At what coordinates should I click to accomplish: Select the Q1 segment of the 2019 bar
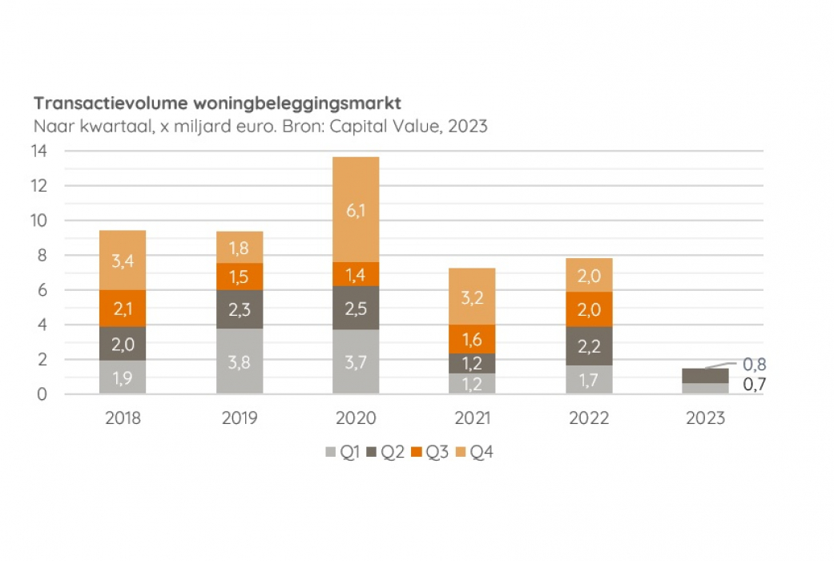(x=240, y=361)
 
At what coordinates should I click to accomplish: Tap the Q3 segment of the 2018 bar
(x=123, y=308)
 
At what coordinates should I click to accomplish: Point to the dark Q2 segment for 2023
(x=705, y=375)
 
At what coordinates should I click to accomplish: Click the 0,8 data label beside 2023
(x=755, y=365)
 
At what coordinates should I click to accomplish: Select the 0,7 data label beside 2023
(x=755, y=385)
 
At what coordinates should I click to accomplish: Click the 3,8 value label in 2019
(x=240, y=362)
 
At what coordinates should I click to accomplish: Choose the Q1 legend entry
(x=343, y=453)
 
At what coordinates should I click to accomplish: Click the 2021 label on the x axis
(x=472, y=418)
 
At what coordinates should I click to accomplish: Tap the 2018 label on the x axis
(x=123, y=418)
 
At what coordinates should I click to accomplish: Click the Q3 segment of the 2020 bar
(x=356, y=274)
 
